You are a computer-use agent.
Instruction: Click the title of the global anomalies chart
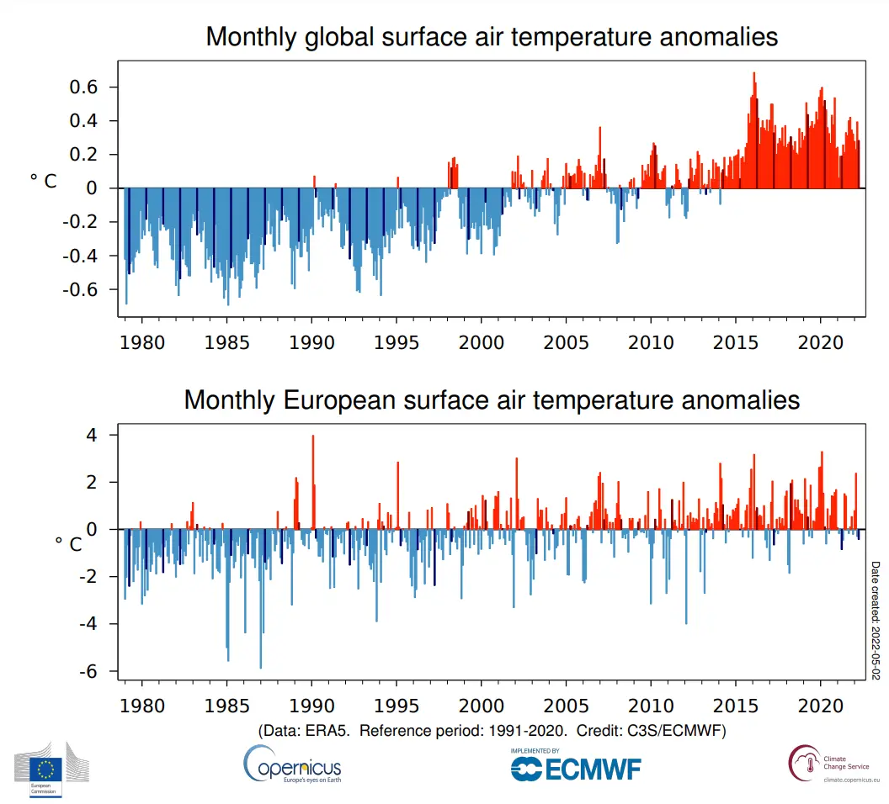click(492, 38)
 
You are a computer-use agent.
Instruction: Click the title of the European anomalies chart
click(492, 399)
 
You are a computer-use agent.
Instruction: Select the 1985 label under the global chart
click(226, 342)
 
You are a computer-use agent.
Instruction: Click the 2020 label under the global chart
click(821, 342)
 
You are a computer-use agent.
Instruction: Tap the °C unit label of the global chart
click(44, 181)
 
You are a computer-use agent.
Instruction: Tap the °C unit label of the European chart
click(68, 543)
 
